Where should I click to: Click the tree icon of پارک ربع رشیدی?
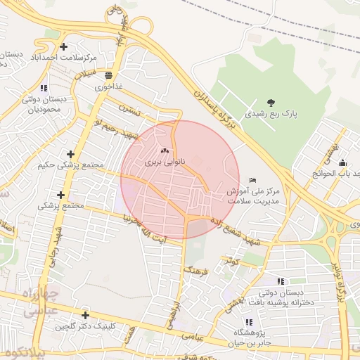coord(272,102)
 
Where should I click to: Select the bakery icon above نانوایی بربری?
coord(165,150)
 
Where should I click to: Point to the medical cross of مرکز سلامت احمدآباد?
coord(64,46)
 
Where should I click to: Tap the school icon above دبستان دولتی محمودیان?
coord(44,89)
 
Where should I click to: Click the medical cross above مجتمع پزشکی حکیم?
coord(70,154)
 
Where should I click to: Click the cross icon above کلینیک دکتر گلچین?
coord(85,316)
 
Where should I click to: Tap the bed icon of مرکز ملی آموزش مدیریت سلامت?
coord(253,181)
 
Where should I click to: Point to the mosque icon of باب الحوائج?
coord(342,163)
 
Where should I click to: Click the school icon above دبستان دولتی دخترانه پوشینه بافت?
coord(281,281)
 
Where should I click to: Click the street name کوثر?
coord(232,261)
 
